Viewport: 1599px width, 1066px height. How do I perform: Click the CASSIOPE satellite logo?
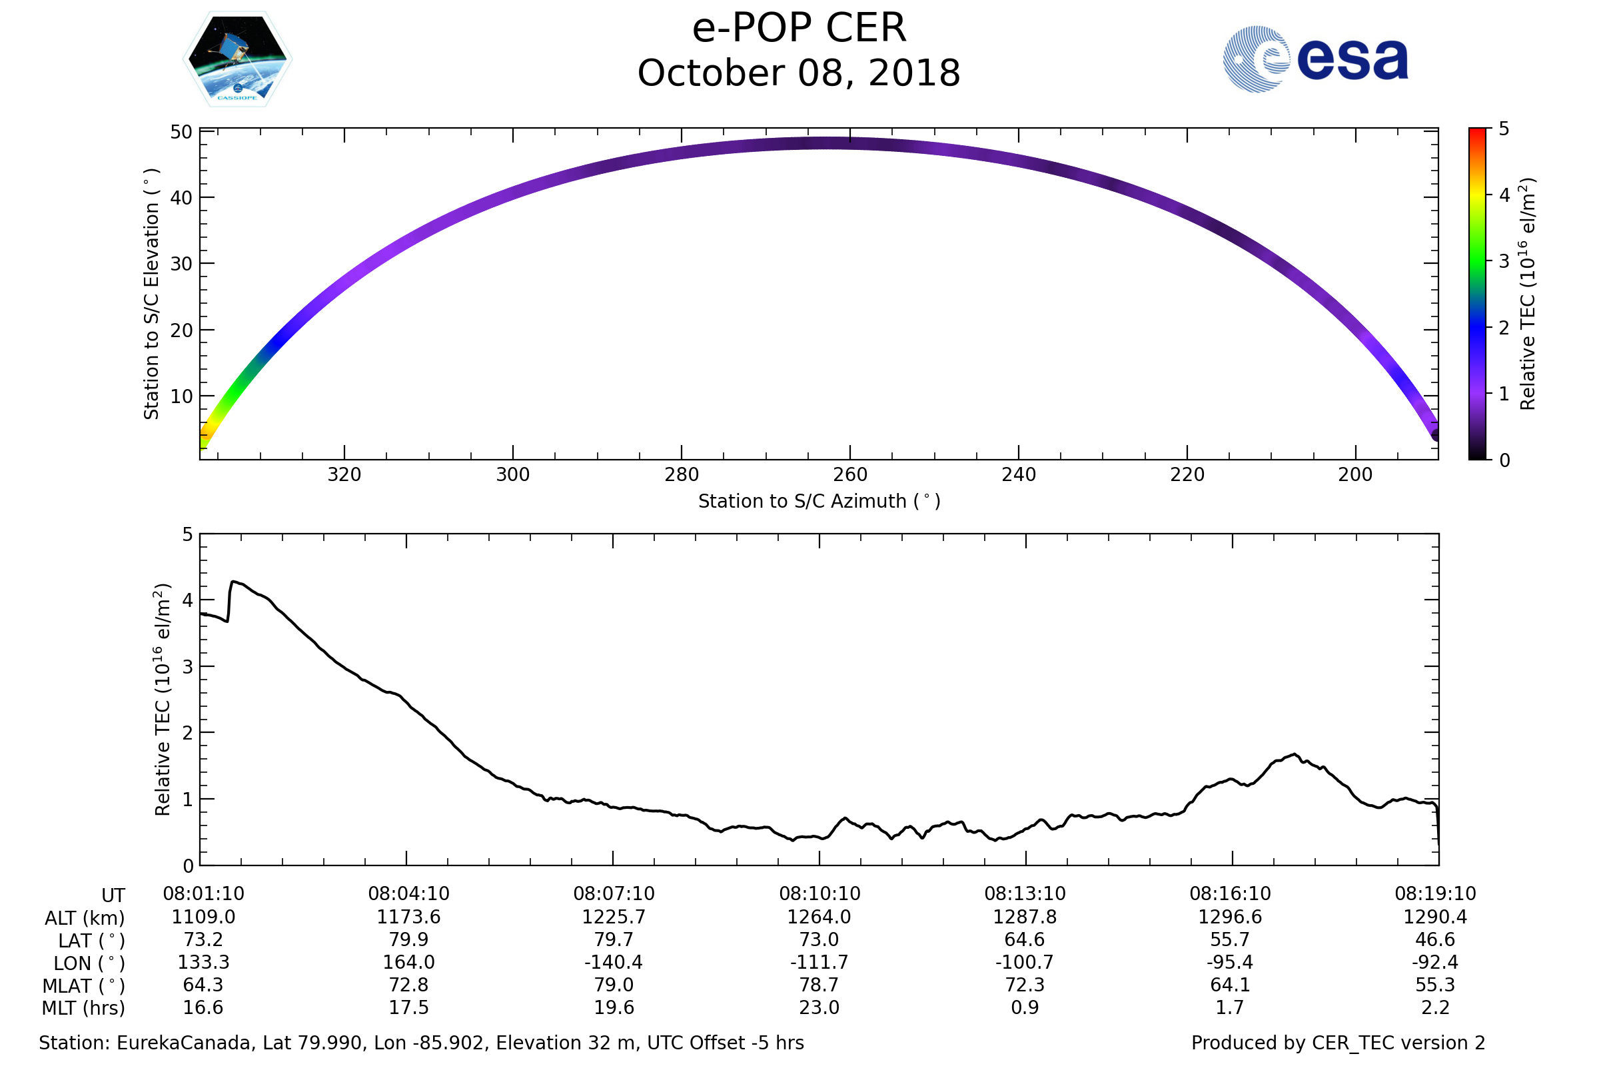(x=238, y=59)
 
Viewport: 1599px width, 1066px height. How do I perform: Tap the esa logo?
(x=1315, y=59)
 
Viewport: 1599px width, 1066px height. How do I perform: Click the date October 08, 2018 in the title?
(x=799, y=73)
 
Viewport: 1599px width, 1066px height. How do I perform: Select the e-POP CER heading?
(x=799, y=29)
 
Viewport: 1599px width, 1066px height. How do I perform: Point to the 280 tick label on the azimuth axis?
(x=681, y=474)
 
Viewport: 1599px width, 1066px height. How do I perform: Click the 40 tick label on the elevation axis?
(x=181, y=198)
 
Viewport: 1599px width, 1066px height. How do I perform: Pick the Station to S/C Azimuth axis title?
(x=819, y=502)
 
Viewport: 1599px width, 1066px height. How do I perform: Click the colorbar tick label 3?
(x=1504, y=261)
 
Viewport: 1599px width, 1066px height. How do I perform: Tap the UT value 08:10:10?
(x=819, y=894)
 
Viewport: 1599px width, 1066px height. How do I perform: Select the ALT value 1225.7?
(x=613, y=917)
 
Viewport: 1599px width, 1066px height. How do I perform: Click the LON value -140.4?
(x=613, y=963)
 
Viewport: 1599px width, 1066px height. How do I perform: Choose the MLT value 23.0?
(x=819, y=1007)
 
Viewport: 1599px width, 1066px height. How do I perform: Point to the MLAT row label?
(x=84, y=986)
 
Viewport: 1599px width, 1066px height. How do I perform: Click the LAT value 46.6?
(x=1435, y=939)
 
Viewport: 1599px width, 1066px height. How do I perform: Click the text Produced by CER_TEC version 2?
(x=1338, y=1043)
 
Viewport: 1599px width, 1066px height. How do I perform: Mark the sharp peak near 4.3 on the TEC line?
(x=233, y=582)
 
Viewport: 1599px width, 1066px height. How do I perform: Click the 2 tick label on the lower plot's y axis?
(x=188, y=733)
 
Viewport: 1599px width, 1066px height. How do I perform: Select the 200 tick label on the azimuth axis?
(x=1356, y=474)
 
